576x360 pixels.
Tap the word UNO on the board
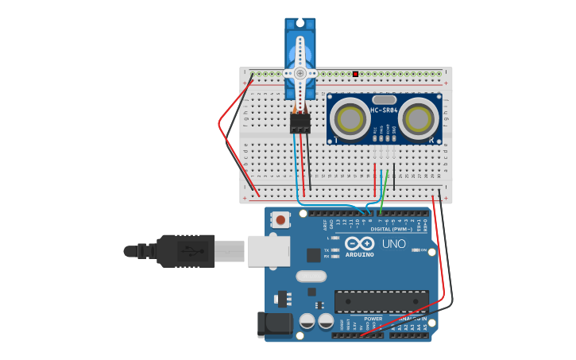(394, 244)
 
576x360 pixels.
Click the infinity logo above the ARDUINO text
(359, 243)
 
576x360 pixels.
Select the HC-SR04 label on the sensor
(385, 110)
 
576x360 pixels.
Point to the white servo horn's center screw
(300, 73)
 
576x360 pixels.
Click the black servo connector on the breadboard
(300, 123)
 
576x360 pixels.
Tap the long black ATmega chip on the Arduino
(381, 302)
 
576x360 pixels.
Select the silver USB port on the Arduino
(269, 250)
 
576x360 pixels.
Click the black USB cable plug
(186, 250)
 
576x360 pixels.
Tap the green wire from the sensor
(385, 191)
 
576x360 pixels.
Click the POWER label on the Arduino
(373, 319)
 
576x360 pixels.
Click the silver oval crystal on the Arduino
(311, 277)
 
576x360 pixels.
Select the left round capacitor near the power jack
(307, 321)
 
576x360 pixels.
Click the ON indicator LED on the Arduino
(416, 250)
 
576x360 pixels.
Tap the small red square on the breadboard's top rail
(355, 74)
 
